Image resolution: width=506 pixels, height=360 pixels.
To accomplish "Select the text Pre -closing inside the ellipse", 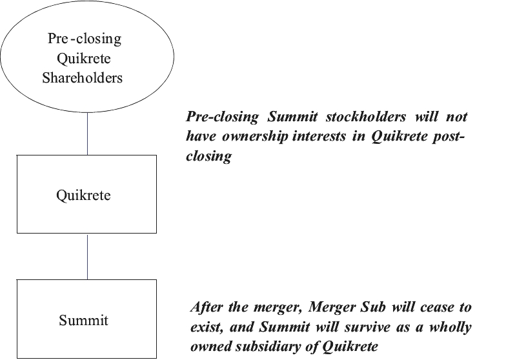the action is click(x=85, y=39).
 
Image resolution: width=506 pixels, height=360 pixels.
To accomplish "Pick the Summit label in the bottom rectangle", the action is click(x=84, y=320).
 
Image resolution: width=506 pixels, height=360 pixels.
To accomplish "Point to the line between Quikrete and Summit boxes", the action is click(x=87, y=256).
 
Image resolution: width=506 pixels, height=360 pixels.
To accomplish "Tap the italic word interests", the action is click(x=320, y=137).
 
